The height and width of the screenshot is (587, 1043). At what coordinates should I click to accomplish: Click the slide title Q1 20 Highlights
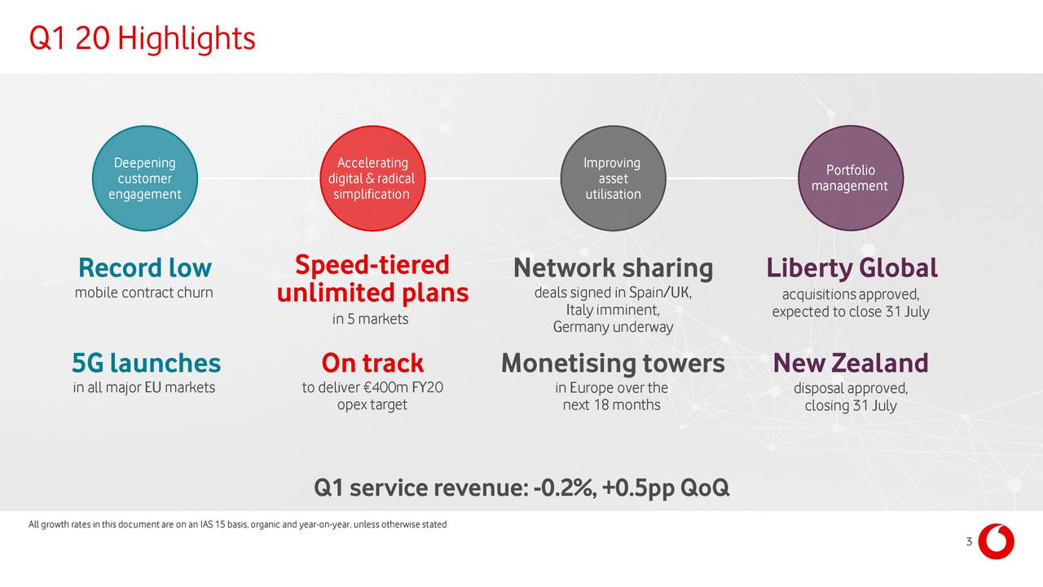142,38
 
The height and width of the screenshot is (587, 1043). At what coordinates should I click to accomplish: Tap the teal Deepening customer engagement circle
145,178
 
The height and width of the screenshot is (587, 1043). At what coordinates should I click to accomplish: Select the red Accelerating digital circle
372,178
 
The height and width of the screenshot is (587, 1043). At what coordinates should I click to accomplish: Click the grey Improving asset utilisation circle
614,178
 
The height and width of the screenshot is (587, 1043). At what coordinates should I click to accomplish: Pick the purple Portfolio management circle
851,178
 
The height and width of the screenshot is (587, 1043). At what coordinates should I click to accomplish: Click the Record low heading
145,268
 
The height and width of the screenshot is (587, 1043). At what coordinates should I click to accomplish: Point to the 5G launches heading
146,363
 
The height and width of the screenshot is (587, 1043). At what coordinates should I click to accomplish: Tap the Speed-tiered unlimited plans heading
372,279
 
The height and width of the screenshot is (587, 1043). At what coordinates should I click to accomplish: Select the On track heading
372,363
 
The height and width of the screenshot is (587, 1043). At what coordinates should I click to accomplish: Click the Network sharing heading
614,268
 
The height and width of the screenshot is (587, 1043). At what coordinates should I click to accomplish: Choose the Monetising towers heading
613,364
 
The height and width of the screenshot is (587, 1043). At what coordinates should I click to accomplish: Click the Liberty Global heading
852,268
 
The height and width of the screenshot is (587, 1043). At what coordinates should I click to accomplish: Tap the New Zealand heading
851,363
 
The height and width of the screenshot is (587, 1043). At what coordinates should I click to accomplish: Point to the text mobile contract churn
144,293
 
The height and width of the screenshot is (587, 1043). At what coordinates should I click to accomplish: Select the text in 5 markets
370,319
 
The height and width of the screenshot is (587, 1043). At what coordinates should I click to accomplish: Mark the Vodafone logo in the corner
996,541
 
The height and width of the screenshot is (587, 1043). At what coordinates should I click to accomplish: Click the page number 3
969,541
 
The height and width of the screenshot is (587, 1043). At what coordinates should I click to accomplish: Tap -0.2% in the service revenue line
565,488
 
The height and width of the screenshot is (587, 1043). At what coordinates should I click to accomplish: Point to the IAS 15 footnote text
237,524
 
